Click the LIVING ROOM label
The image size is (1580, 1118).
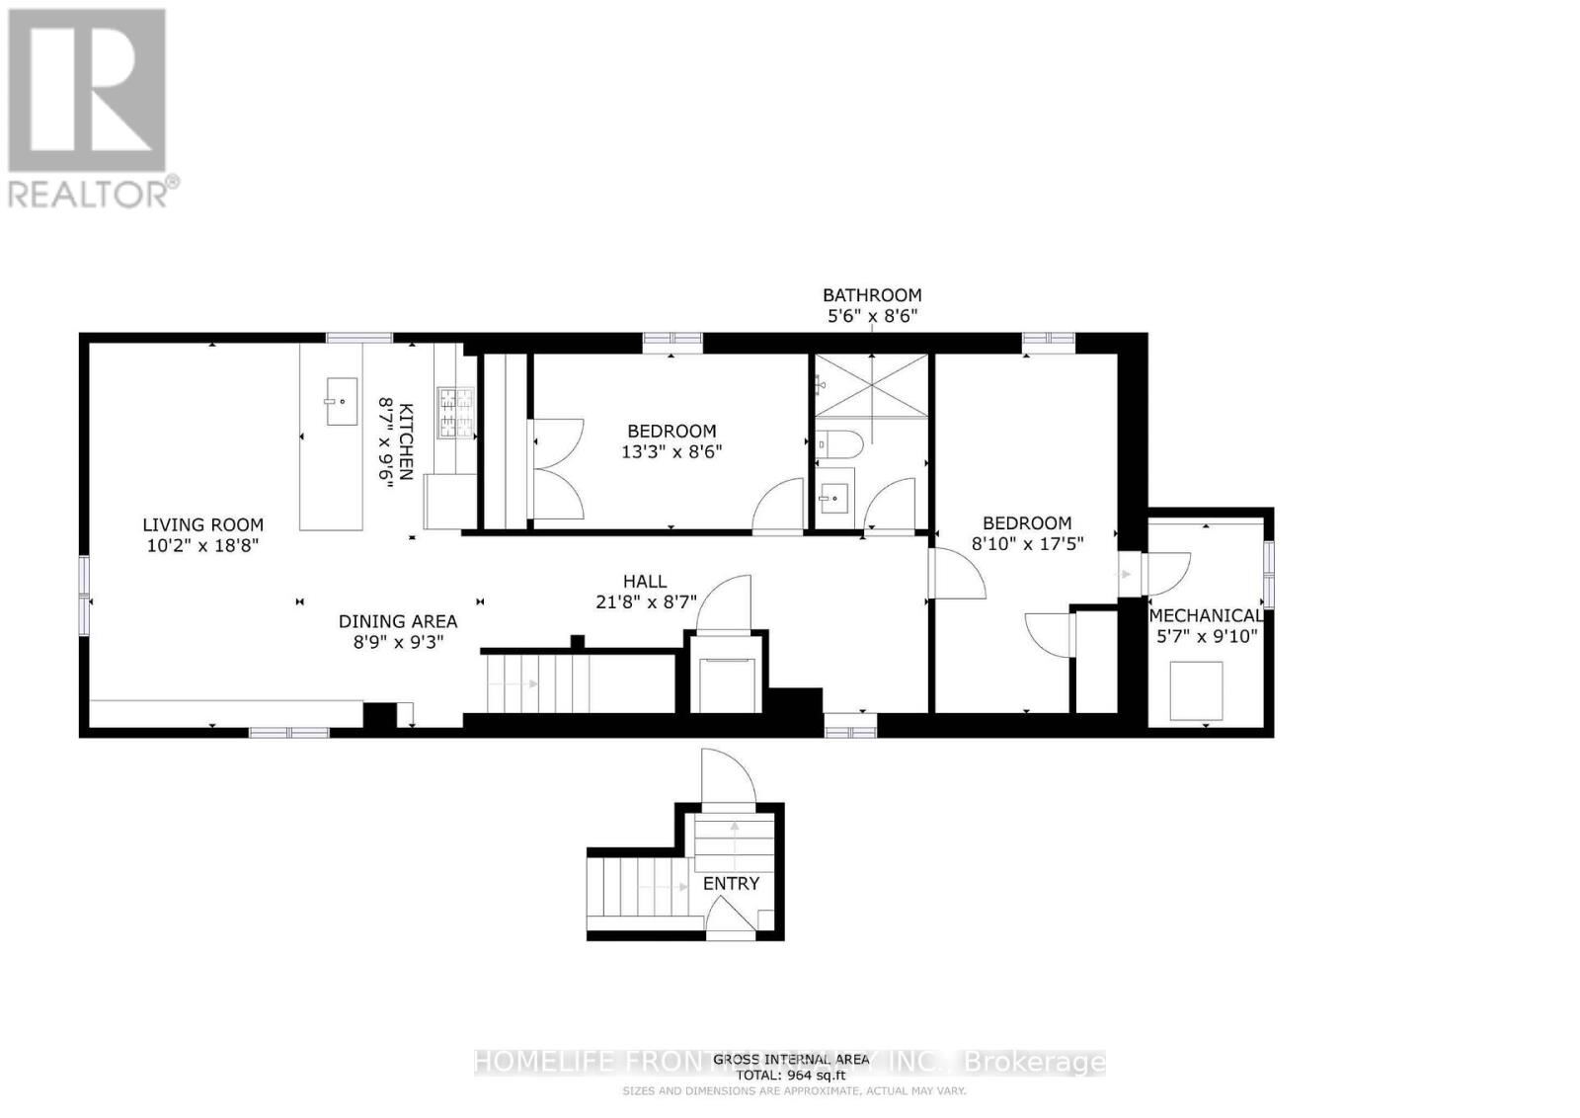click(x=202, y=524)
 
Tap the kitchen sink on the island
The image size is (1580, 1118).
click(x=342, y=402)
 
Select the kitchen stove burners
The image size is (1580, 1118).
click(x=456, y=412)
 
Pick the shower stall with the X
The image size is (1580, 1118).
click(x=871, y=385)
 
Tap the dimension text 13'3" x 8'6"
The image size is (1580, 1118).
click(x=671, y=452)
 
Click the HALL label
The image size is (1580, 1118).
click(x=644, y=582)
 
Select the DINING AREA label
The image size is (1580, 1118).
click(x=398, y=621)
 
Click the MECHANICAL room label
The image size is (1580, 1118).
click(x=1206, y=615)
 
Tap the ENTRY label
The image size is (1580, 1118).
click(x=731, y=883)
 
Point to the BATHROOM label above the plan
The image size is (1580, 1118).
click(x=872, y=294)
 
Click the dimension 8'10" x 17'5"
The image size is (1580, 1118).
click(x=1027, y=543)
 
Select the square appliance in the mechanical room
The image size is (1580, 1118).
click(x=1196, y=691)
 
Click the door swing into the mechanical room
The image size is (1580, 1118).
click(x=1168, y=572)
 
